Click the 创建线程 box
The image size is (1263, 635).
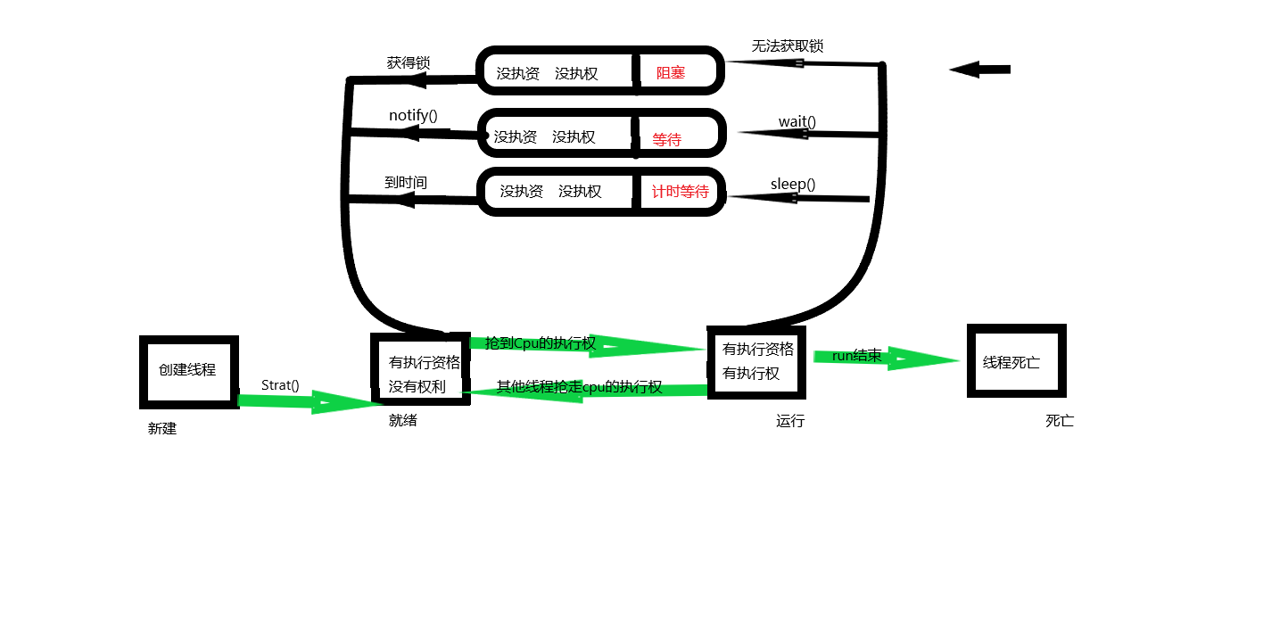(188, 371)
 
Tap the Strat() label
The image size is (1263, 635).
(280, 385)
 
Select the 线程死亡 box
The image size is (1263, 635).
(1016, 361)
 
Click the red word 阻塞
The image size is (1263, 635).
(671, 73)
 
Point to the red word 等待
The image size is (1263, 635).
(666, 139)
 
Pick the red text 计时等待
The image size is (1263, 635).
(680, 192)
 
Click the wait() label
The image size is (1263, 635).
(797, 121)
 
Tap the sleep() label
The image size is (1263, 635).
(792, 184)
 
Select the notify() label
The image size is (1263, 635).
(413, 115)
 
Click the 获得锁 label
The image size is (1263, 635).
(409, 63)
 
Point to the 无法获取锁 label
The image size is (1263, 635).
(787, 45)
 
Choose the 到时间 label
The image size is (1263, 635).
(406, 182)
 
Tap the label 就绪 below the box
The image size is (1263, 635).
(403, 420)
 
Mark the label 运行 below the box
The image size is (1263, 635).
(790, 421)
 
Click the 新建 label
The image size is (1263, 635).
(162, 428)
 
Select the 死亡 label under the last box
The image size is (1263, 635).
(1060, 421)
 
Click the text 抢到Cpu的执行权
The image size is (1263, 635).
(541, 343)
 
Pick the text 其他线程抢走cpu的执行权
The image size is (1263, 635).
(579, 387)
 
